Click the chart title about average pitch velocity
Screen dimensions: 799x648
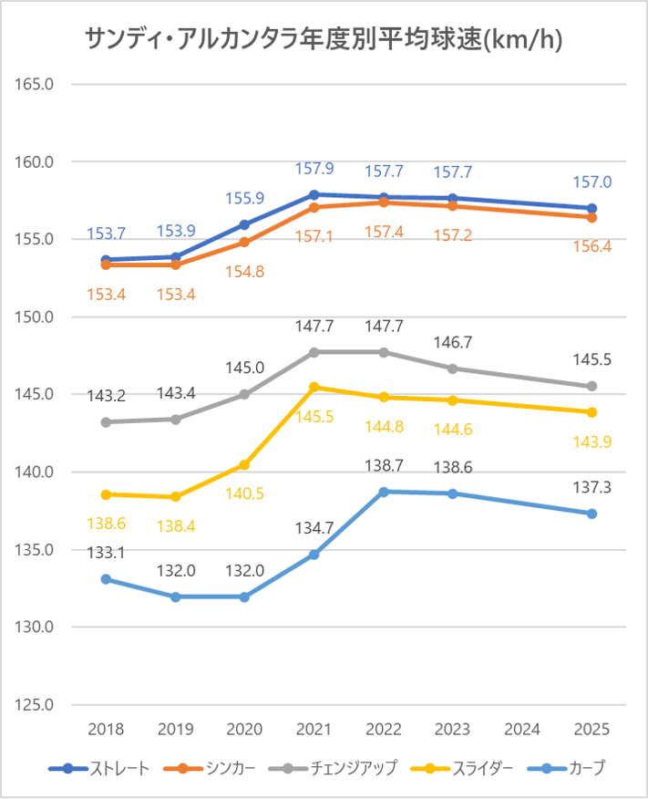(x=324, y=38)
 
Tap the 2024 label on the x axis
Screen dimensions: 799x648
(x=522, y=730)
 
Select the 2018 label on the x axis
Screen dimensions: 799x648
(x=106, y=730)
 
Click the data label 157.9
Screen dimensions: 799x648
(x=314, y=169)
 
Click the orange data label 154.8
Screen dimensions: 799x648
(x=244, y=271)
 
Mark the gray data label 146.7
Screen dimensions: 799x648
(x=453, y=342)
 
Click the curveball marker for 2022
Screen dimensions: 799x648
(x=384, y=492)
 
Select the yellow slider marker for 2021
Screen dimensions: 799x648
(x=314, y=387)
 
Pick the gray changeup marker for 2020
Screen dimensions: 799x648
(x=244, y=394)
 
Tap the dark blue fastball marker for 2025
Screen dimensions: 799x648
(x=591, y=208)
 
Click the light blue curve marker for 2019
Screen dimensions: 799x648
(x=175, y=597)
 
